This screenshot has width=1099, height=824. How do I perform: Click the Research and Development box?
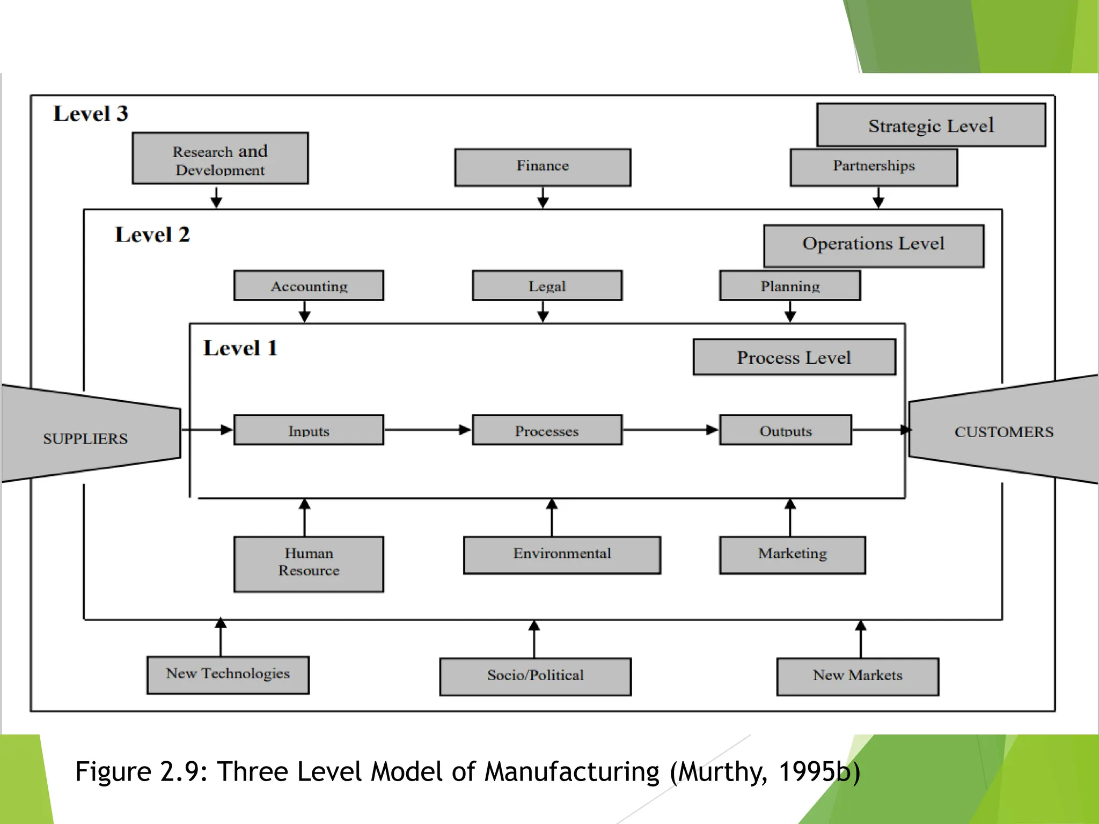coord(220,159)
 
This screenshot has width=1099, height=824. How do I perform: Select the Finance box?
coord(543,167)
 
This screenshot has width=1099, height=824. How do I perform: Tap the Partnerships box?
coord(874,167)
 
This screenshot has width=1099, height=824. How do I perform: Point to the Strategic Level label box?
coord(931,125)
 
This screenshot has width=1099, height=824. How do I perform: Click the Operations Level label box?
coord(874,246)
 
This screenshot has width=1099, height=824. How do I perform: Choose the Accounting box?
coord(309,285)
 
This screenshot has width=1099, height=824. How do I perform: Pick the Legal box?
coord(547,285)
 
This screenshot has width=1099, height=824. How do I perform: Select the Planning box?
coord(790,285)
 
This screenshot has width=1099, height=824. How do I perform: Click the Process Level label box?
coord(794,357)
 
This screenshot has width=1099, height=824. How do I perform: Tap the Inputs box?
coord(309,430)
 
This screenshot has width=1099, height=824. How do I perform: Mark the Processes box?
coord(547,430)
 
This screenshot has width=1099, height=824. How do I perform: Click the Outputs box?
coord(786,430)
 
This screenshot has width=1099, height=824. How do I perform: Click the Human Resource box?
coord(309,564)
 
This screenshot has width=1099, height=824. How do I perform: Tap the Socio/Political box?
coord(535,676)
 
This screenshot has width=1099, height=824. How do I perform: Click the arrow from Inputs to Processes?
coord(427,430)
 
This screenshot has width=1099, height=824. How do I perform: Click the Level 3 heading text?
coord(91,114)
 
